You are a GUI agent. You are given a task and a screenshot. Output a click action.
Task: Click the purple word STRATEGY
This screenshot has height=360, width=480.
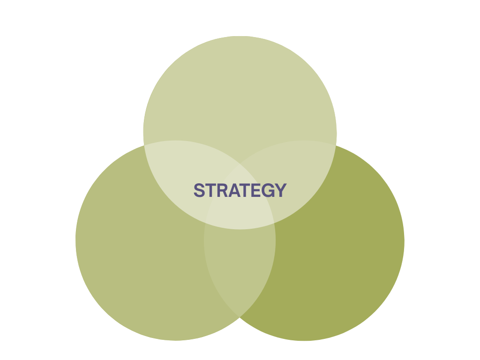pyautogui.click(x=240, y=190)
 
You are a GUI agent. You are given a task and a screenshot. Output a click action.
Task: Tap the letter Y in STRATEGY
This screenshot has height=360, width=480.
pyautogui.click(x=280, y=190)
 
